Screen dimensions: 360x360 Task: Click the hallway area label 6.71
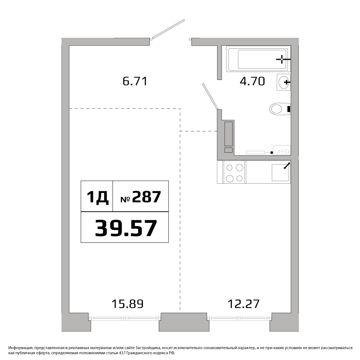click(135, 81)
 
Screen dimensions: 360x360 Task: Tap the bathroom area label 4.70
click(252, 81)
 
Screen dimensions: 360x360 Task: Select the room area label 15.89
click(127, 304)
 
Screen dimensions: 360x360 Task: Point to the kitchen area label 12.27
click(244, 304)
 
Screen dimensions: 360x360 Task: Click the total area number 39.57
click(126, 228)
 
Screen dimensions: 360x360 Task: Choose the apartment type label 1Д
click(97, 197)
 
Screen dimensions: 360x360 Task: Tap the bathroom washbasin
click(284, 82)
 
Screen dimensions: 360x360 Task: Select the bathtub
click(258, 59)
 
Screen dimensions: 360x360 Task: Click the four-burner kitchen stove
click(234, 172)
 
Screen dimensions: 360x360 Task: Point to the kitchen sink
click(280, 172)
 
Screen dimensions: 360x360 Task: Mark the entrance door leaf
click(168, 29)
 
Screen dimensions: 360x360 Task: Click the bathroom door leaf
click(210, 96)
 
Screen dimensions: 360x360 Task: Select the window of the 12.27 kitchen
click(239, 318)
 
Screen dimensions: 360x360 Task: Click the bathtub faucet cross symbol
click(282, 59)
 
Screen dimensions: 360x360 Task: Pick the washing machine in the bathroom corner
click(282, 150)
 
